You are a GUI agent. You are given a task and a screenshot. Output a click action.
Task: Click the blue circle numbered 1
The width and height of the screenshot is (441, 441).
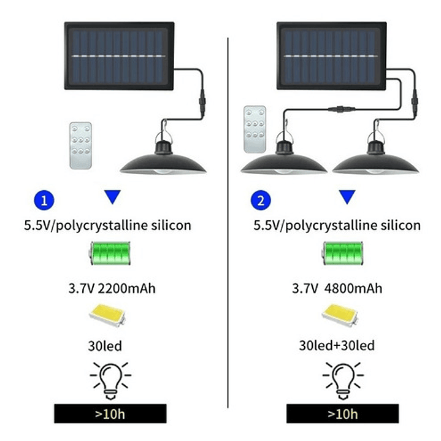click(x=44, y=200)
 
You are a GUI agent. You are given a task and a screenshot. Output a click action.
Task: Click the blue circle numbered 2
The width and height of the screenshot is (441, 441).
click(x=261, y=200)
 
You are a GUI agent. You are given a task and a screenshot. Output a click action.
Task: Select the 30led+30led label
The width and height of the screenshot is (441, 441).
click(x=337, y=346)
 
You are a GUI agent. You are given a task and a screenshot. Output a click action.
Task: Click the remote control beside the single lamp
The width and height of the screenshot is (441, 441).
click(x=80, y=146)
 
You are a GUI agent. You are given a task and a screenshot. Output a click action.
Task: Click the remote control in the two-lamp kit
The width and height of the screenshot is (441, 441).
click(x=255, y=129)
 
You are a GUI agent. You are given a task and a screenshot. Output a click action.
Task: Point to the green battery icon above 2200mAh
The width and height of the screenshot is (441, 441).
click(x=110, y=253)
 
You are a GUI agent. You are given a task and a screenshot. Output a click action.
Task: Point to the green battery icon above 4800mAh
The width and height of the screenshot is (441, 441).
click(x=343, y=253)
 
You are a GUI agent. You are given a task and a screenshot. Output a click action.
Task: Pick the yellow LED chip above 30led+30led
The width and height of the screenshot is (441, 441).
click(x=340, y=315)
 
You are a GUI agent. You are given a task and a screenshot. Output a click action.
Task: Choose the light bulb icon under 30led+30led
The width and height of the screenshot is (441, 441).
click(x=343, y=380)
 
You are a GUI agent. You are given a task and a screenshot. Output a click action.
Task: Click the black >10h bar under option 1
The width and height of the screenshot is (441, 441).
click(x=110, y=413)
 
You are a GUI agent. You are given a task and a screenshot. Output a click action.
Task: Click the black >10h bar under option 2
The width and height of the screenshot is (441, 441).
click(x=343, y=413)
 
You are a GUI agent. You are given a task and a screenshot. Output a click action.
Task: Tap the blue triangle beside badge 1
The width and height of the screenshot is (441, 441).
click(x=112, y=197)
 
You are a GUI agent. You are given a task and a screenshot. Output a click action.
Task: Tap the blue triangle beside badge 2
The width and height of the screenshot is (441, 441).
click(x=347, y=197)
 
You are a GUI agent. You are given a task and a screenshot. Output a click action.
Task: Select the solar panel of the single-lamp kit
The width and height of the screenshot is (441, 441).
click(x=119, y=56)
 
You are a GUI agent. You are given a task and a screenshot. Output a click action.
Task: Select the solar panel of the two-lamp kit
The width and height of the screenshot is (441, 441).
click(x=332, y=56)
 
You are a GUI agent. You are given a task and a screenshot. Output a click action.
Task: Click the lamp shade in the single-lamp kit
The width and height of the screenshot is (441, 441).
click(x=163, y=163)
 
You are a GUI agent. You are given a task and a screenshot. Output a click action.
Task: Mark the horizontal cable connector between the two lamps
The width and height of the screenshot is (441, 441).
click(x=342, y=109)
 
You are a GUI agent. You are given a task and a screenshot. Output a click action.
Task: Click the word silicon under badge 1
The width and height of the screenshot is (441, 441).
click(x=171, y=225)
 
